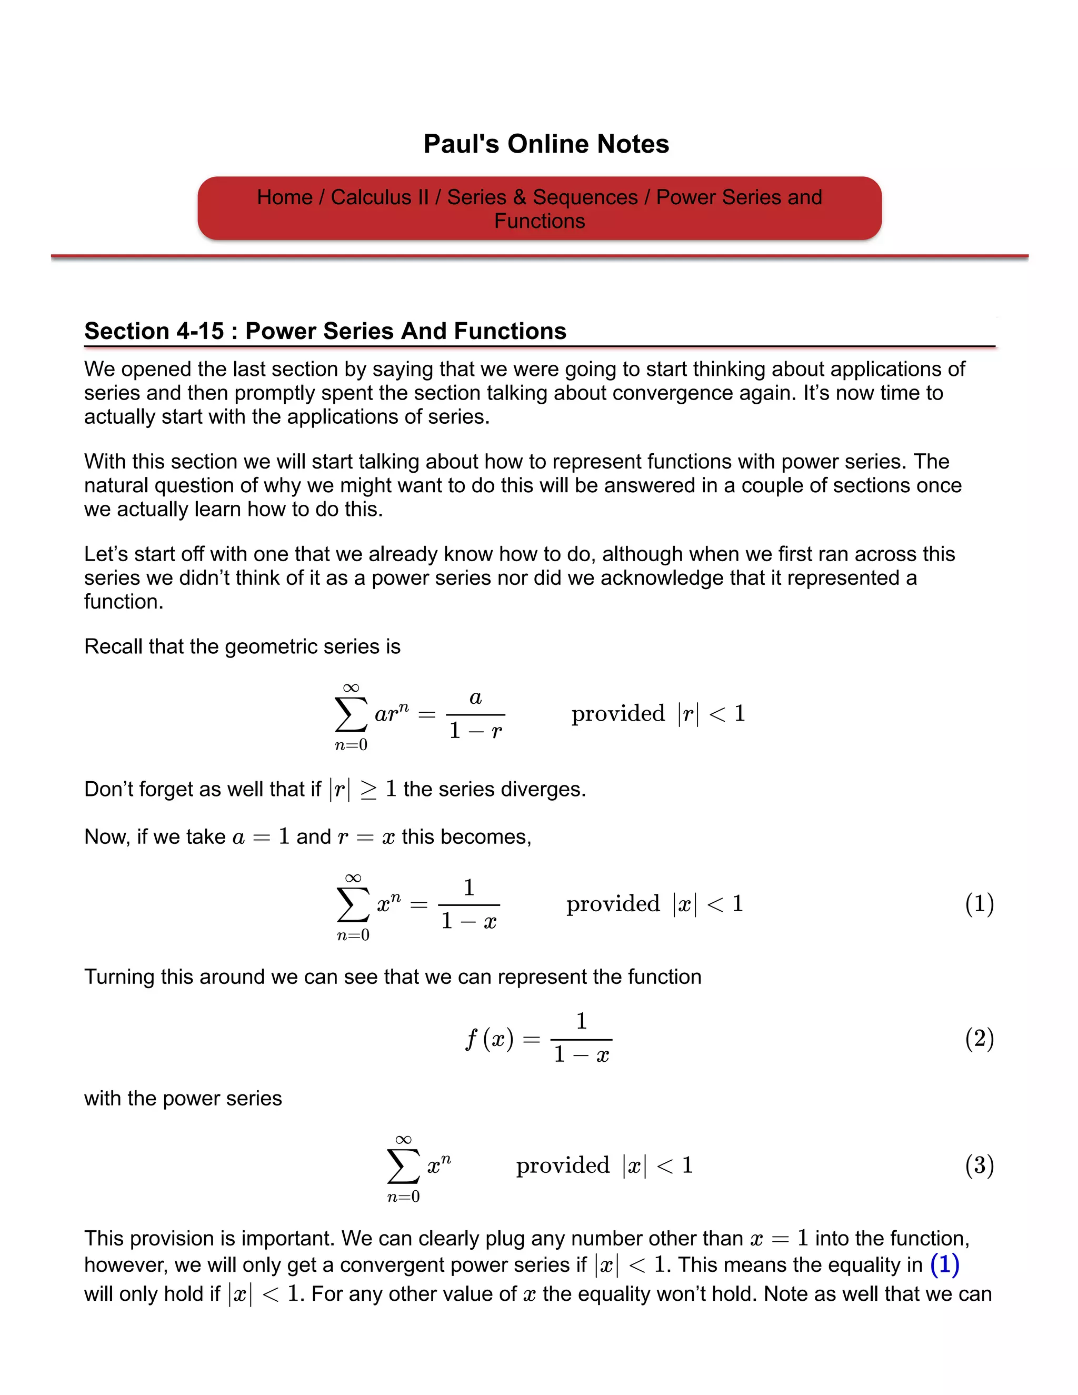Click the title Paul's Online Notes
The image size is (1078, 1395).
pyautogui.click(x=546, y=144)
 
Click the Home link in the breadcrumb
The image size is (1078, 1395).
pyautogui.click(x=284, y=197)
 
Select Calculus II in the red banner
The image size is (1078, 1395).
pyautogui.click(x=380, y=197)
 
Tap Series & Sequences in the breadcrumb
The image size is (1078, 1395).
pyautogui.click(x=542, y=197)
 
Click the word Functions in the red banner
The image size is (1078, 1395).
pyautogui.click(x=539, y=221)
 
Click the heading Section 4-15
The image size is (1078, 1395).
pyautogui.click(x=325, y=331)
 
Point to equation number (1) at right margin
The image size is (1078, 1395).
pyautogui.click(x=979, y=904)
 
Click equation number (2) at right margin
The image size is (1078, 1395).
pyautogui.click(x=979, y=1039)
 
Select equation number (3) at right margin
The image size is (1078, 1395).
pyautogui.click(x=979, y=1165)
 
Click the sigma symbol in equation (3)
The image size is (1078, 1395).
pyautogui.click(x=403, y=1167)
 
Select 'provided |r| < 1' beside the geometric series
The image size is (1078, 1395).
pyautogui.click(x=658, y=713)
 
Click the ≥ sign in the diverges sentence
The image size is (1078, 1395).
pyautogui.click(x=368, y=790)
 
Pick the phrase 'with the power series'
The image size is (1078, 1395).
pyautogui.click(x=183, y=1098)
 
